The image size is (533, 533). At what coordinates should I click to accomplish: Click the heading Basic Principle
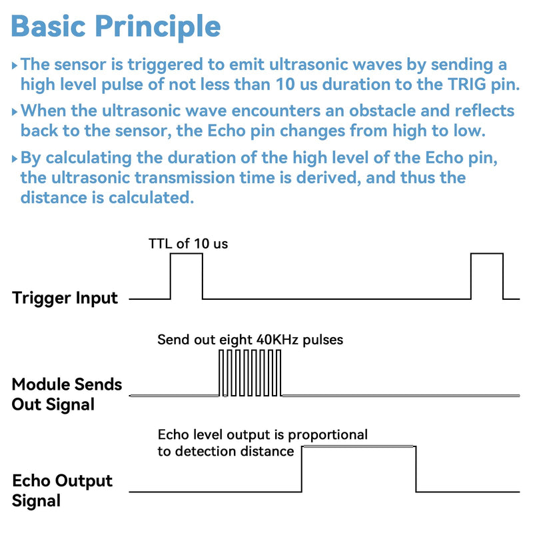116,27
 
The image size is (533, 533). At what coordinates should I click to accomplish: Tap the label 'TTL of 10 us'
188,244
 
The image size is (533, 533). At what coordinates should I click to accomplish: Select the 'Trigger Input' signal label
65,298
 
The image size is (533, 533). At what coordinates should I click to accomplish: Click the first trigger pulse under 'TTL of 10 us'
187,254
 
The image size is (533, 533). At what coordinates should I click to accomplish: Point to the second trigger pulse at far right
487,254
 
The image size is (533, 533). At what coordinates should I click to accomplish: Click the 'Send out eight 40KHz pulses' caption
251,340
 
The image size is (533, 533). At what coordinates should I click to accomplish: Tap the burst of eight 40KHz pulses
251,373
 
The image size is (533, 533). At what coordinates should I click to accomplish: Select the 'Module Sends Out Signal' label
67,394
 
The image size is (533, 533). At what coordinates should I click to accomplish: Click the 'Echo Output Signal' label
62,490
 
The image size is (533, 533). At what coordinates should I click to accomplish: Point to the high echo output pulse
358,446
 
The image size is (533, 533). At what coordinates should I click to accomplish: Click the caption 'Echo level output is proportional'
263,434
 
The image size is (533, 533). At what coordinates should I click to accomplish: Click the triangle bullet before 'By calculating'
14,159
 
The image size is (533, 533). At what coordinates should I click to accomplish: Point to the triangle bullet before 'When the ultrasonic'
14,111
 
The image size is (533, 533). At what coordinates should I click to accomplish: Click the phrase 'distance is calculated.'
107,197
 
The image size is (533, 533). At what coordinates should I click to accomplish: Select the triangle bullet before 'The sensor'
14,65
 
